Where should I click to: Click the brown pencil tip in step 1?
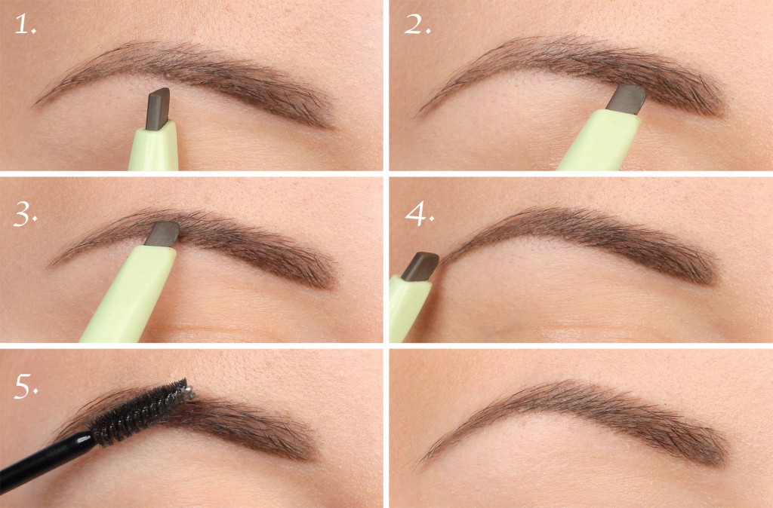[158, 106]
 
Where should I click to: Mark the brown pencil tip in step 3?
[162, 234]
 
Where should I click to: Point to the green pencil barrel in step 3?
[128, 297]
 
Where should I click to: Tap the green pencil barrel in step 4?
[405, 309]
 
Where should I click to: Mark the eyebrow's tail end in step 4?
[710, 275]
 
